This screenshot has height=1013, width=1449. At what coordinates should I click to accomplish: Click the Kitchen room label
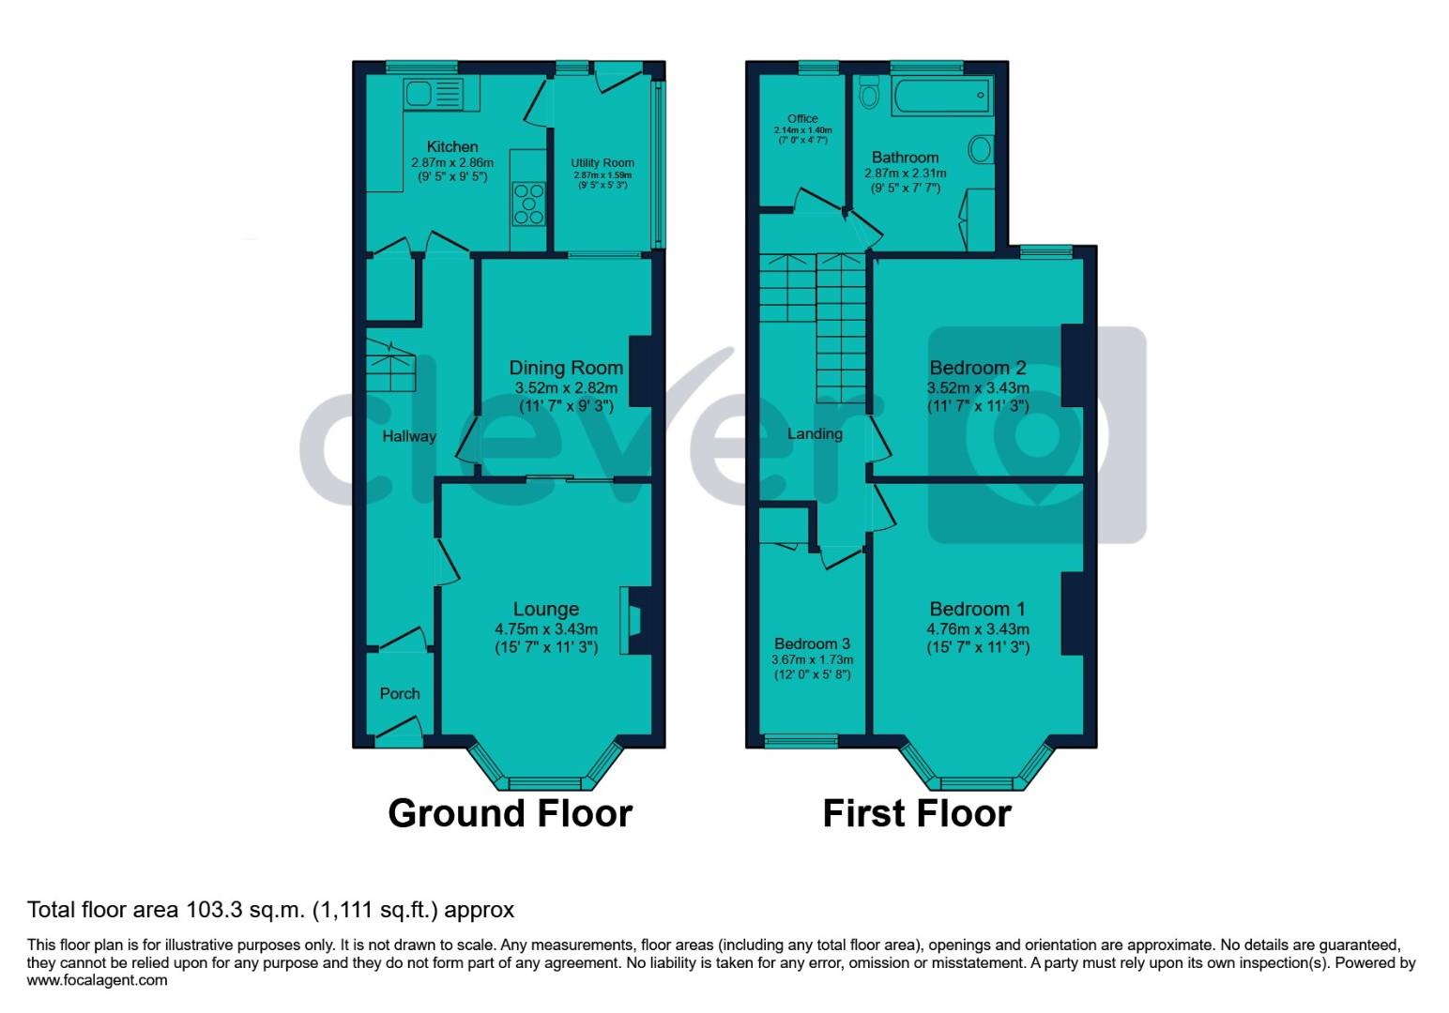pos(452,146)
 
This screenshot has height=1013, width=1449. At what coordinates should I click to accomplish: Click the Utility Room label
pos(602,162)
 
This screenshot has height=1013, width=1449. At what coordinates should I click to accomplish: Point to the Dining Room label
pos(566,368)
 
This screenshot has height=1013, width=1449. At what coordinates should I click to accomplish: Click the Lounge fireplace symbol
pos(632,621)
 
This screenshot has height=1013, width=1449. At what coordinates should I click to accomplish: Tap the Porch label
pos(400,694)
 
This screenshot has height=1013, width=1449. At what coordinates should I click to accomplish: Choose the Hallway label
pos(409,436)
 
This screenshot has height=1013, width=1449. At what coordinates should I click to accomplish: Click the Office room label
pos(802,118)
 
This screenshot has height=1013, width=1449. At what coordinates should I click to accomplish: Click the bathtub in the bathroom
pos(940,94)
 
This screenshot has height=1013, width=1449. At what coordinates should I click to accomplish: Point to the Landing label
pos(815,434)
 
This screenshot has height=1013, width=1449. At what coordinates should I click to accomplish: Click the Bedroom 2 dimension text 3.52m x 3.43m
pos(978,388)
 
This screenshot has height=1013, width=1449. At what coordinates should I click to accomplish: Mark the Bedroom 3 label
pos(812,643)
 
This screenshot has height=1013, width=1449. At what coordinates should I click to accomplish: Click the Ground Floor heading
pos(510,813)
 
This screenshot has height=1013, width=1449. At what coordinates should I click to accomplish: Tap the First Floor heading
pos(917,813)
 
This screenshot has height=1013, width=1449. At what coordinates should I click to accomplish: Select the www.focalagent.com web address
pos(98,981)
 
